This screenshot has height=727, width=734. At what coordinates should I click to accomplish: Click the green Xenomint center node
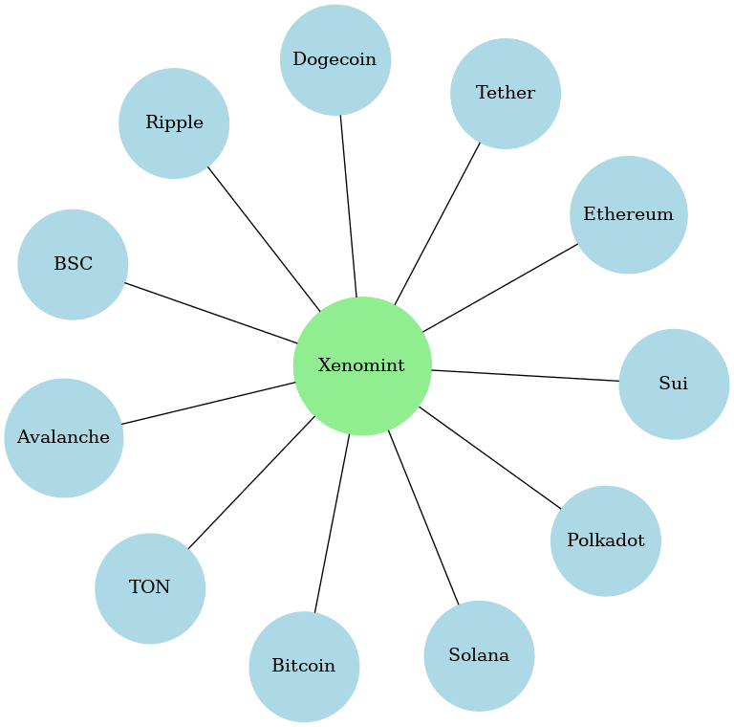(362, 365)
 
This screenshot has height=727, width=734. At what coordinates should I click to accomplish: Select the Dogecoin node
(335, 59)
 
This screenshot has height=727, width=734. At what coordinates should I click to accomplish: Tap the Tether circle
(506, 94)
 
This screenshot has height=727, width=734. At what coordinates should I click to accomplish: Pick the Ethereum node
(629, 214)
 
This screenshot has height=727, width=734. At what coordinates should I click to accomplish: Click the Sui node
(674, 384)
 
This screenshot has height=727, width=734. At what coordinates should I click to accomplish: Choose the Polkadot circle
(606, 540)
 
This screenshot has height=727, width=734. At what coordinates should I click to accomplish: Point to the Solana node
(479, 656)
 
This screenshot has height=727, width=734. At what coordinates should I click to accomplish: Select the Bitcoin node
(304, 667)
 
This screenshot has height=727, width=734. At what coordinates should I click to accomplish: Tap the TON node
(150, 588)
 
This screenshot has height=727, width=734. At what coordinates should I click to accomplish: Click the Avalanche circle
(64, 438)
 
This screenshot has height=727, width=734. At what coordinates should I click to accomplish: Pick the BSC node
(73, 264)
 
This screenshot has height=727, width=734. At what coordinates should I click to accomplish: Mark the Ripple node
(174, 122)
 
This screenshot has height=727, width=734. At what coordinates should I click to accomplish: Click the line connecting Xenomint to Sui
(526, 375)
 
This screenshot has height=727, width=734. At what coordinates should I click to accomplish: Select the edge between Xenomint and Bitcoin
(332, 523)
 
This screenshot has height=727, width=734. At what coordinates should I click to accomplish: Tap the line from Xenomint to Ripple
(264, 238)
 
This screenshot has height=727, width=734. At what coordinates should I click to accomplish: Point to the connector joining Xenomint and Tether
(438, 223)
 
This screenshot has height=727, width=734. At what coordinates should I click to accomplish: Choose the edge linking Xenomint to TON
(250, 483)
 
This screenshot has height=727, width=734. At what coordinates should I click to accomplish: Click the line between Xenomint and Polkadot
(489, 457)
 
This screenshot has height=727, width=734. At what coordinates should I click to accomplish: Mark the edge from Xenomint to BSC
(211, 313)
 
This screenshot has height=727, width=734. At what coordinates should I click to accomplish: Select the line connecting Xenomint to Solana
(423, 518)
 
